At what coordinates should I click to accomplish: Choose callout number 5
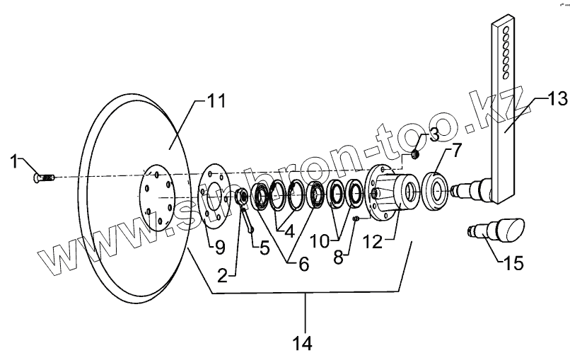click(x=264, y=248)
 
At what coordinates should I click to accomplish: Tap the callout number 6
click(x=303, y=263)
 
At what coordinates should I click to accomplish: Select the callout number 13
click(x=557, y=99)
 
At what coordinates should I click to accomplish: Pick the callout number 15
click(x=515, y=265)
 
